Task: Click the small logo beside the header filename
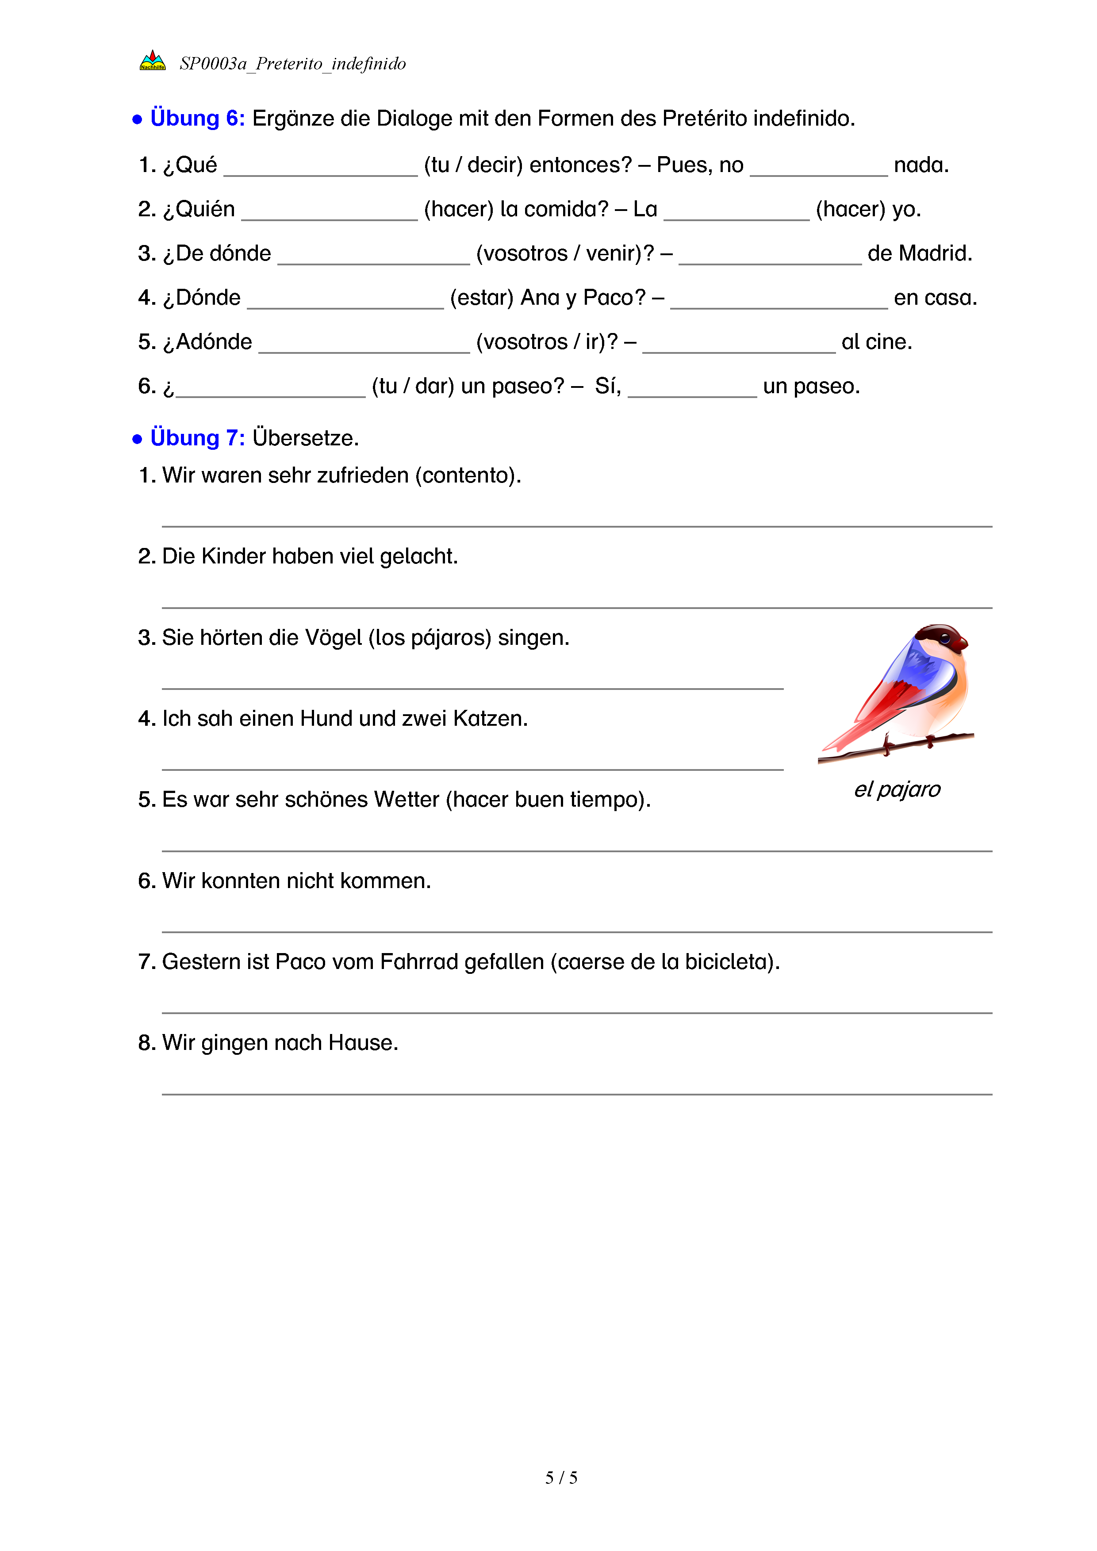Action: (152, 61)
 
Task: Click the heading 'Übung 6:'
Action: (197, 118)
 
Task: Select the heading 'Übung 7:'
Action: (197, 438)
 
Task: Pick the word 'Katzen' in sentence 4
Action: (489, 719)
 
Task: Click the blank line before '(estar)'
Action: (345, 302)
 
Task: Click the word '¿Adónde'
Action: (207, 342)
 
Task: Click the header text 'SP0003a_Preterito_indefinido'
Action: (292, 64)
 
